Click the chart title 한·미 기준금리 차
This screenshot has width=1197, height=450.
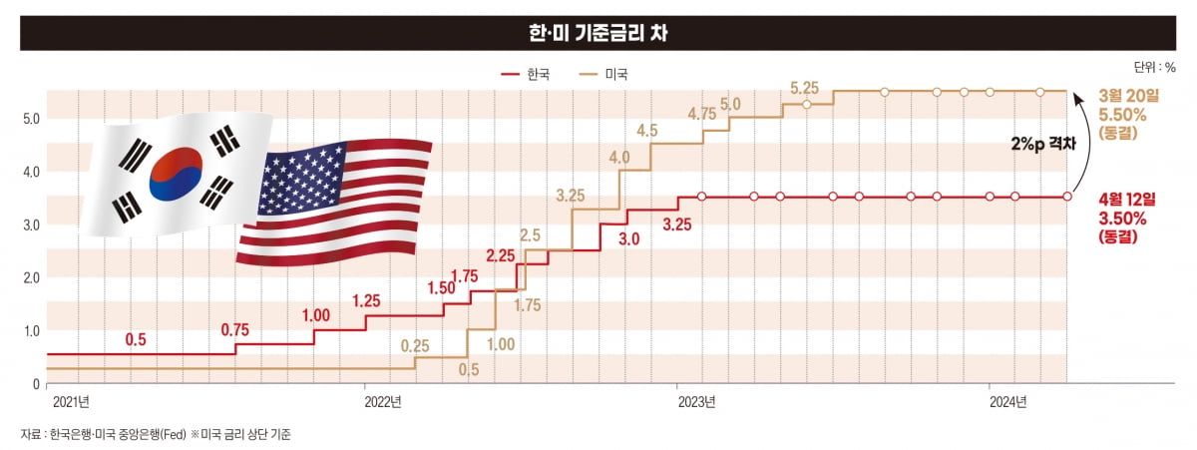tap(598, 32)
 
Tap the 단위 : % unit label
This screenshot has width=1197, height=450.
tap(1154, 68)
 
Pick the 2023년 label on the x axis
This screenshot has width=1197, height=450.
tap(697, 402)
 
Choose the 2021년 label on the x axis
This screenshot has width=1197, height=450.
tap(71, 402)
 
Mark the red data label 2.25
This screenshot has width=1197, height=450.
tap(501, 256)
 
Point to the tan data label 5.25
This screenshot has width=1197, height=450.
tap(805, 88)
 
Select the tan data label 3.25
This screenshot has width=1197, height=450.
tap(571, 196)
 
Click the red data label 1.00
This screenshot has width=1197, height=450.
tap(315, 315)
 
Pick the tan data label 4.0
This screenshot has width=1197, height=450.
tap(619, 158)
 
